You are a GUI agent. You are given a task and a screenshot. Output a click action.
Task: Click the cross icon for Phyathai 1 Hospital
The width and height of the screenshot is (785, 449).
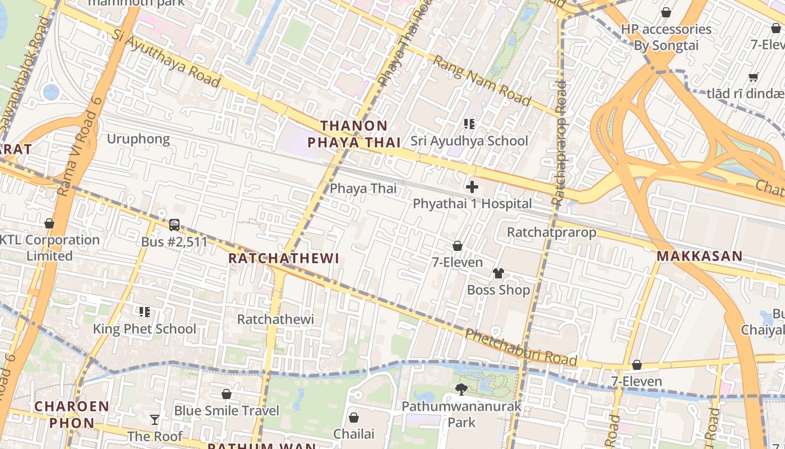tap(472, 187)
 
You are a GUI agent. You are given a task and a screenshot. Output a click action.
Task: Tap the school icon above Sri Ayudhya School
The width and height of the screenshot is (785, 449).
tap(469, 124)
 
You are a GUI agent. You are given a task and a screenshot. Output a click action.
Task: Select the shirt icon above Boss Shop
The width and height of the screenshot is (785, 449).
tap(498, 273)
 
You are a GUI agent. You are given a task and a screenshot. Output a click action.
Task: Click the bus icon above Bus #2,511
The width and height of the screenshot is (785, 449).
tap(174, 225)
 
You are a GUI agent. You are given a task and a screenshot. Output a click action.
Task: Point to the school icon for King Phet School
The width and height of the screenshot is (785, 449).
tap(145, 312)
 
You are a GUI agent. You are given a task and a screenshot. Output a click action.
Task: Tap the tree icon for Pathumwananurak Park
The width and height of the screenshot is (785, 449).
tap(461, 389)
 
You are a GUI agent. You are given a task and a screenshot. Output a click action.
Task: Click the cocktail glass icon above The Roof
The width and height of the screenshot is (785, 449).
tap(155, 419)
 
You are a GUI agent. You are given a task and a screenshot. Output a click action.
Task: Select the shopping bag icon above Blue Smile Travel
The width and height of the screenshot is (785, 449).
tap(227, 394)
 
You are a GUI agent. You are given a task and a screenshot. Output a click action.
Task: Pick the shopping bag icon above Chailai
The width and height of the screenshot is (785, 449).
tap(354, 418)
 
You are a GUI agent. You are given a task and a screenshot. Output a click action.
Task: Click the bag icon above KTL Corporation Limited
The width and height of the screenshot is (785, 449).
tap(49, 223)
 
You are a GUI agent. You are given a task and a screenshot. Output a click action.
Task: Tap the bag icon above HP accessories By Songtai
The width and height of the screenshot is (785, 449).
tap(666, 12)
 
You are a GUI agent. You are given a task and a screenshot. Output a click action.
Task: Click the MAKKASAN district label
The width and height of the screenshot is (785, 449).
tap(699, 256)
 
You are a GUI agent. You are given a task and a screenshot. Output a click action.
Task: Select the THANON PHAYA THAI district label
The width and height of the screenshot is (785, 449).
tap(354, 134)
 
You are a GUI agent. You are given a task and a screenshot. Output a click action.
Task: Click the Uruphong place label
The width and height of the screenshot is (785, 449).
tap(138, 139)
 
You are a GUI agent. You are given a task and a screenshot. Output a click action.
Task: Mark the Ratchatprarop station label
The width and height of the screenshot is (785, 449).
tap(551, 232)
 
